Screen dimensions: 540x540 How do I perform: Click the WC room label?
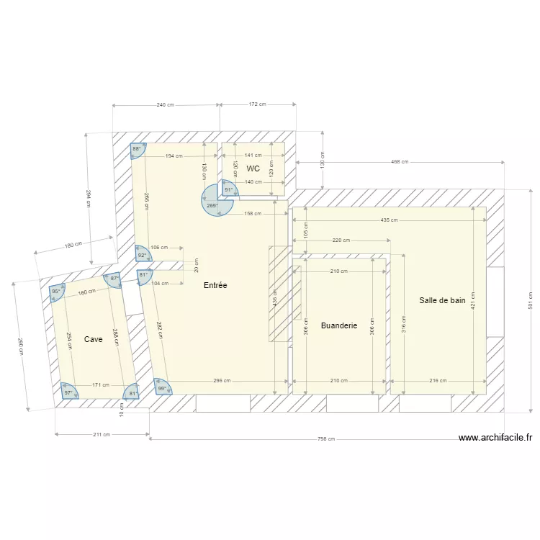(253, 168)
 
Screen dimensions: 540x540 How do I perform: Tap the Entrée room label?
(215, 285)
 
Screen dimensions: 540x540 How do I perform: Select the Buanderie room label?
(339, 325)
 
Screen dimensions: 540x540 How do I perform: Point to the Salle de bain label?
(442, 300)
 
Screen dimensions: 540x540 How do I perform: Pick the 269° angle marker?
(212, 205)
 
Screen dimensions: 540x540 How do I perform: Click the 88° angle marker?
(136, 150)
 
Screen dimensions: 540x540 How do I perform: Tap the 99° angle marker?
(162, 389)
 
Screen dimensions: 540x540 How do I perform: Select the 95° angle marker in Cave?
(56, 292)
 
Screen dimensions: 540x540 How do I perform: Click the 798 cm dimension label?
(327, 438)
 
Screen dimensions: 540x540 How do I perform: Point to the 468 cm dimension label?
(400, 162)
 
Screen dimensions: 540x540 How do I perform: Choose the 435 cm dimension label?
(389, 220)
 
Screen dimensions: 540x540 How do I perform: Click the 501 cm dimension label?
(530, 300)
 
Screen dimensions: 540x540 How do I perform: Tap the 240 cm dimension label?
(165, 105)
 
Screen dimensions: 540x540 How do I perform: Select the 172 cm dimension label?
(257, 104)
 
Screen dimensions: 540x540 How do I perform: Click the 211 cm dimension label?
(102, 434)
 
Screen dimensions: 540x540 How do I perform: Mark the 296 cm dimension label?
(222, 381)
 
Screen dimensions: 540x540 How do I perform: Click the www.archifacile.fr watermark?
(495, 437)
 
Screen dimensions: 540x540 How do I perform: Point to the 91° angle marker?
(228, 190)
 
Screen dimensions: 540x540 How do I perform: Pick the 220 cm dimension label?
(341, 240)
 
